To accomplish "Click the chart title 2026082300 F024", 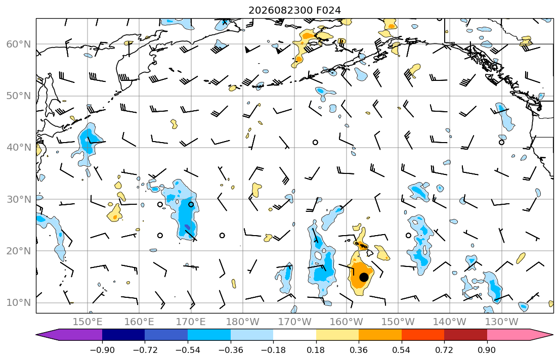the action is (294, 10).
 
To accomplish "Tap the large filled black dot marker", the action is (364, 277).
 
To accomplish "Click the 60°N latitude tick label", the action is (19, 44).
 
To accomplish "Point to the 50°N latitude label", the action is (19, 96).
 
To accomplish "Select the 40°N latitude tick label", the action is (19, 148).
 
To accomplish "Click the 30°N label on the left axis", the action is (19, 199).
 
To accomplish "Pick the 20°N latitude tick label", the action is (19, 251).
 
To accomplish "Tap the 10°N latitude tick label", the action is (19, 303).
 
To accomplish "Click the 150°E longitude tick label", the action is (88, 322).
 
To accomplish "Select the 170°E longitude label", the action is (191, 322).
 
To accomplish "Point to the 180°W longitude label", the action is (243, 322).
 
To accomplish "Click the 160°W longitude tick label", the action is (347, 322).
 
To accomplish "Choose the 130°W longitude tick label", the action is (502, 322).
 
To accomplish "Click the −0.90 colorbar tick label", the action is (102, 350).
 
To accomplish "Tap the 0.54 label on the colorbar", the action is (402, 350).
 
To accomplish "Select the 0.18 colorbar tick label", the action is (316, 350).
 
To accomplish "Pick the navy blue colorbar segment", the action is (123, 335).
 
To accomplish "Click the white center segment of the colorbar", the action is (294, 335).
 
